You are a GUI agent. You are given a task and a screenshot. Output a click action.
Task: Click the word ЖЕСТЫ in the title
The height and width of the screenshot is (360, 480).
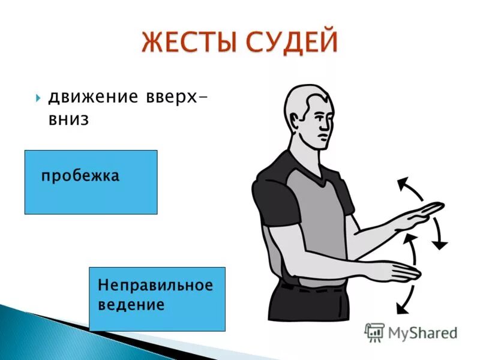click(191, 43)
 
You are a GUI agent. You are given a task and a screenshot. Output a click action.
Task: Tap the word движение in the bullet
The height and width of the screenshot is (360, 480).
click(94, 97)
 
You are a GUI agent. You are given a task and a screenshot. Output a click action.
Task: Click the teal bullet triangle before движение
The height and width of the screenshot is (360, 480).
click(38, 98)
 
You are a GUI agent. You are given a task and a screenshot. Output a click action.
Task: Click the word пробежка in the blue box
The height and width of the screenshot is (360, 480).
click(80, 176)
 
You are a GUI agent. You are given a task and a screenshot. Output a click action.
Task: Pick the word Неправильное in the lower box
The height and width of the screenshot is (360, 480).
click(155, 286)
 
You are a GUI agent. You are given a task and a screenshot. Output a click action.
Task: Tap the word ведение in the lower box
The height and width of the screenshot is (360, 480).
click(131, 305)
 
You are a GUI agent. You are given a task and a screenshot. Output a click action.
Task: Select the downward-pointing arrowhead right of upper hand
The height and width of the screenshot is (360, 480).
click(440, 245)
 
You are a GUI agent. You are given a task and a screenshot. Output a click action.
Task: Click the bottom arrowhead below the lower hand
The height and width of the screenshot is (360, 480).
click(401, 308)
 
